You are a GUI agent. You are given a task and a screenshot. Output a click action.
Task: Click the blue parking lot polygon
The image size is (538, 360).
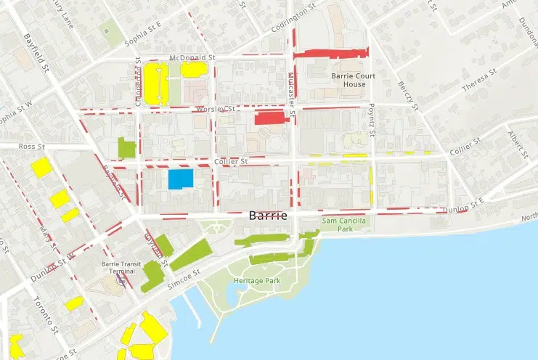click(181, 179)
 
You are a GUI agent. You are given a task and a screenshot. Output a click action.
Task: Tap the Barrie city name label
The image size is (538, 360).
click(268, 216)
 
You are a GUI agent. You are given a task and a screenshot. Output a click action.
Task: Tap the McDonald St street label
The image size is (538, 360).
click(192, 57)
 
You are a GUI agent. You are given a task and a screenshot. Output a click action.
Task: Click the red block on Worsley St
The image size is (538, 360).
click(271, 118)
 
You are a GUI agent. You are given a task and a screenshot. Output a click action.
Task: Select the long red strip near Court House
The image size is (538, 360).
click(330, 52)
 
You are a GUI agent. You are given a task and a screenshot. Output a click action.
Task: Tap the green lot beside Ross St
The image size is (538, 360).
click(126, 147)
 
